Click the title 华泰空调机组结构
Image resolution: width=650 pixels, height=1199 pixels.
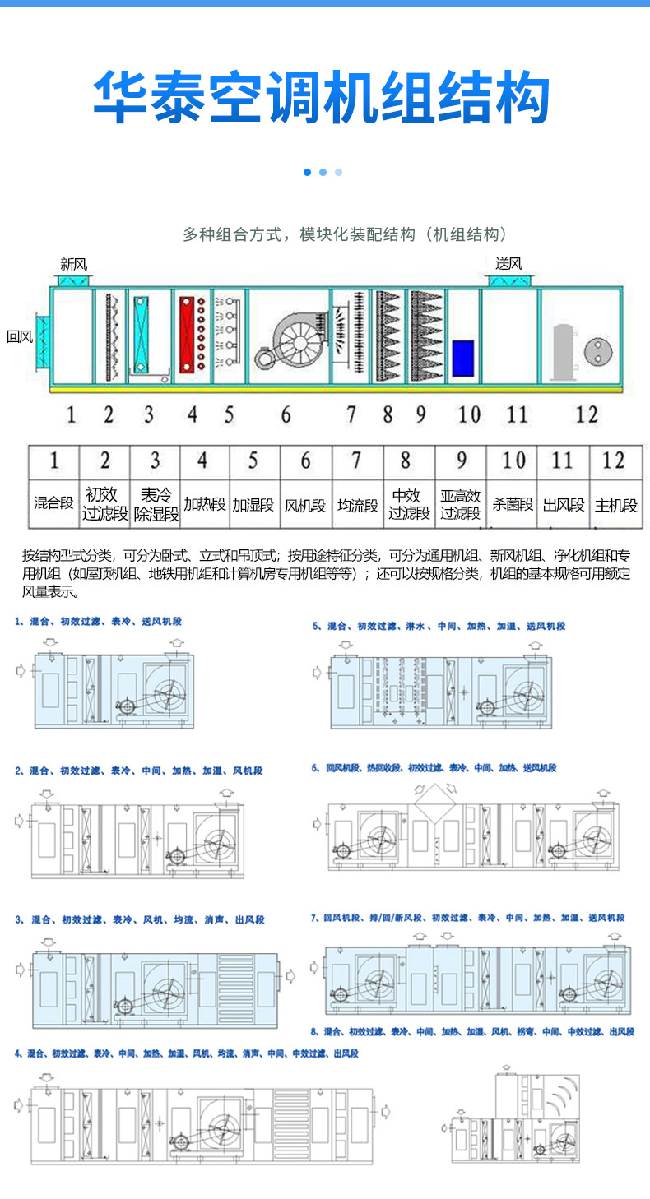(322, 97)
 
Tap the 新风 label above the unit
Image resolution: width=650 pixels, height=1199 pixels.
(73, 264)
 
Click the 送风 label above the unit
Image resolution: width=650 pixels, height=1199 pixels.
(508, 263)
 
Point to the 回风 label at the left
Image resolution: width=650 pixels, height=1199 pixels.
(19, 336)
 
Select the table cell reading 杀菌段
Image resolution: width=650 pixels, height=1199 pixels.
(512, 504)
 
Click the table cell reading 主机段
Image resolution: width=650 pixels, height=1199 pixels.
(615, 504)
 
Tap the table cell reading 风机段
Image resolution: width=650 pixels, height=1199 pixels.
(305, 504)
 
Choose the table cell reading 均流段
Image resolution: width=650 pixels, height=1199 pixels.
(357, 504)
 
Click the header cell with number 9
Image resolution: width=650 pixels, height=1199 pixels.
(461, 460)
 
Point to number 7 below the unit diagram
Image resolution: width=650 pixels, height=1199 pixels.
(351, 414)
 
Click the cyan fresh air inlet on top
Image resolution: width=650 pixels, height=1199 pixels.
(73, 280)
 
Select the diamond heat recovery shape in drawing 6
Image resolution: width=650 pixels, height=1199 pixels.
(437, 800)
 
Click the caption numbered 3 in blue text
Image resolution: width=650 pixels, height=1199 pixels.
(140, 919)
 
